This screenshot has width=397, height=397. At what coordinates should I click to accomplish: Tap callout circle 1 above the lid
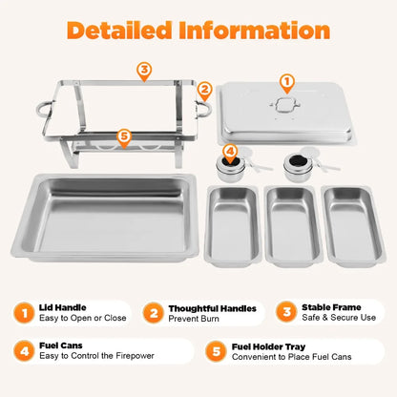point(287,83)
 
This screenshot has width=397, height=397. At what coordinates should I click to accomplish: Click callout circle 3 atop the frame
point(143,70)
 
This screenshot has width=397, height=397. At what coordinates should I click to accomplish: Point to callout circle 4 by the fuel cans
point(230,150)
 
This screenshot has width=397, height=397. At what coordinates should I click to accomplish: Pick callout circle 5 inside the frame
point(122,136)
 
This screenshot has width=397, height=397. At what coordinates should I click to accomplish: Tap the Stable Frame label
point(331,308)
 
